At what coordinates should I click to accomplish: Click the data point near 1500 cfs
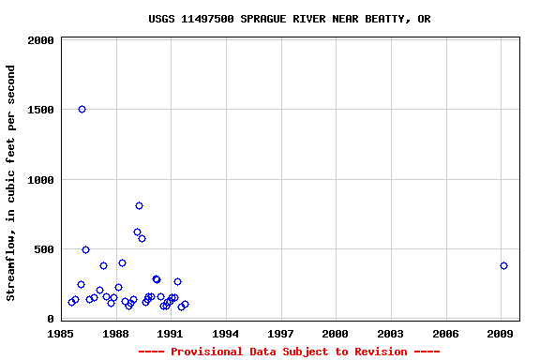pyautogui.click(x=82, y=110)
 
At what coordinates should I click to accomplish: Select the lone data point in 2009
pyautogui.click(x=503, y=266)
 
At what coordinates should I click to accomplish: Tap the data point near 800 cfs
pyautogui.click(x=139, y=206)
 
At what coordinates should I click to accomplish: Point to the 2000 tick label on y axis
pyautogui.click(x=41, y=41)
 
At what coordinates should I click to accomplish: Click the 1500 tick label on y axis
pyautogui.click(x=41, y=111)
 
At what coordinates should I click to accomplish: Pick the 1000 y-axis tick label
pyautogui.click(x=41, y=180)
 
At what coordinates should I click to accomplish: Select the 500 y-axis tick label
pyautogui.click(x=45, y=249)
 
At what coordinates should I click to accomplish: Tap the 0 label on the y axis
pyautogui.click(x=52, y=319)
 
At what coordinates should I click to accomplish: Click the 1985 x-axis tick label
pyautogui.click(x=61, y=334)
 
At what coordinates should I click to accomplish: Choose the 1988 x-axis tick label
pyautogui.click(x=115, y=334)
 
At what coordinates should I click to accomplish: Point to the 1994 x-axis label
pyautogui.click(x=225, y=334)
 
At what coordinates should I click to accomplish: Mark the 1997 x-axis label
pyautogui.click(x=280, y=334)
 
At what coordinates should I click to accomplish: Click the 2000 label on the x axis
pyautogui.click(x=335, y=334)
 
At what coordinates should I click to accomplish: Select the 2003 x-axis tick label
pyautogui.click(x=390, y=334)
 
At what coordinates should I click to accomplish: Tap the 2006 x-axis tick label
pyautogui.click(x=445, y=334)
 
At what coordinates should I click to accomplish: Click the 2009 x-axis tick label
pyautogui.click(x=500, y=334)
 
